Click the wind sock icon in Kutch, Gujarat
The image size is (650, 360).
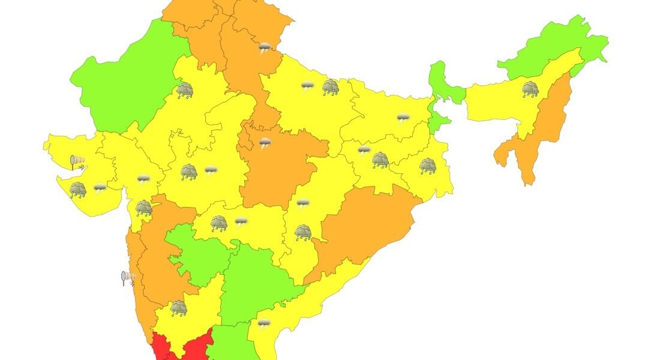76,161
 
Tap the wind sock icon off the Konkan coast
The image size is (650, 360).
127,277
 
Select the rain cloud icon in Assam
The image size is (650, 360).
530,89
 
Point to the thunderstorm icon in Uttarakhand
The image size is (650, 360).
264,47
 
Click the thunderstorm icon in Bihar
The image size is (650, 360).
403,118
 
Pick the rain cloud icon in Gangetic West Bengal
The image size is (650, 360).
427,166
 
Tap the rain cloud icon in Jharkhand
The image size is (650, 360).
380,160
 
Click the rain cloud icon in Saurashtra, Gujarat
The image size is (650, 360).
78,190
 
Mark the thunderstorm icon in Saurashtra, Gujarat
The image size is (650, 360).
100,188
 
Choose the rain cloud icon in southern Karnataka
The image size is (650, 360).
178,308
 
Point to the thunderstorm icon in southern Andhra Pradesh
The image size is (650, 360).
263,324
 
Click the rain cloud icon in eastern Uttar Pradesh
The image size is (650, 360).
330,88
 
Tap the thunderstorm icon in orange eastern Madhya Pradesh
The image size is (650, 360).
265,143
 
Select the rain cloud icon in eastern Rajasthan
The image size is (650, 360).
184,91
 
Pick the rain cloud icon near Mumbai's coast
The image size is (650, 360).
143,208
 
